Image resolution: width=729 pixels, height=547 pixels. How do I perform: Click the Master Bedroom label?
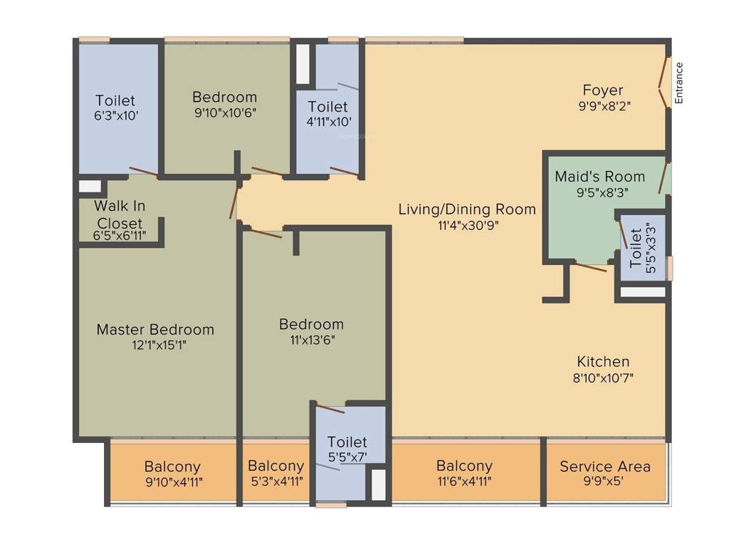155,329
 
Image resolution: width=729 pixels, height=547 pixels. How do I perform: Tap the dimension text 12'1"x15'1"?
155,345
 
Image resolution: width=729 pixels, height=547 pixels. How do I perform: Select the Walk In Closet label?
120,214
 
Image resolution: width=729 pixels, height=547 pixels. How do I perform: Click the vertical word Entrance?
678,83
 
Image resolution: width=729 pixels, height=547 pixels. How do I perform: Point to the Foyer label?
602,90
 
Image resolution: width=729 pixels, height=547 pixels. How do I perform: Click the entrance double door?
664,83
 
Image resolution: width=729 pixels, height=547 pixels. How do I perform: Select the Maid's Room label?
599,176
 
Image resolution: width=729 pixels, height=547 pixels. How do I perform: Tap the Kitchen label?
602,361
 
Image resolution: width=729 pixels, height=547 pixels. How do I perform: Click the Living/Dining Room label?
466,209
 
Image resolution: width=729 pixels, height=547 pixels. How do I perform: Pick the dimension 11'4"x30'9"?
466,225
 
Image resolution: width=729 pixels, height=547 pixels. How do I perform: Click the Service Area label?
604,467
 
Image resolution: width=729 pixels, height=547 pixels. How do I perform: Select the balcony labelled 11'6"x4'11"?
464,473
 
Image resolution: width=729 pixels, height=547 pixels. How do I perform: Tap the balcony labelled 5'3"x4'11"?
276,473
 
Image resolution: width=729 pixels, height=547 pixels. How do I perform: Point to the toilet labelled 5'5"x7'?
347,449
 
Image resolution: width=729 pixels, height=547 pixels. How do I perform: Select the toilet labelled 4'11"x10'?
327,113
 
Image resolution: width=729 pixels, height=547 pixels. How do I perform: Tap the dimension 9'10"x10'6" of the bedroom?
224,113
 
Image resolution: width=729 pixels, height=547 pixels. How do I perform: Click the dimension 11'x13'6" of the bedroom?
311,340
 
